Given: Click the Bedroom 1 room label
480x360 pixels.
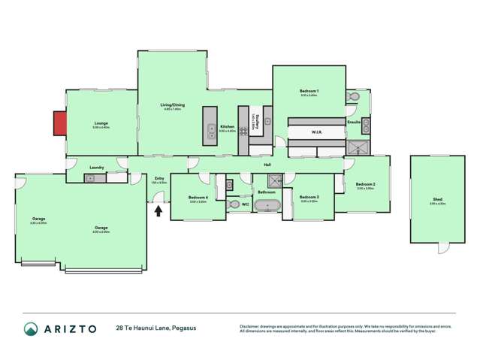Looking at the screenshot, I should coord(309,91).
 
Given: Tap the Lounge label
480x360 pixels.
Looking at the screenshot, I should coord(101,123).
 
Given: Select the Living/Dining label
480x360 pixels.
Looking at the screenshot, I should coord(172,104).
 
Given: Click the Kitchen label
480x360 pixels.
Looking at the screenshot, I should coord(227,126).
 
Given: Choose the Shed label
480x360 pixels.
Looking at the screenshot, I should coord(437,199).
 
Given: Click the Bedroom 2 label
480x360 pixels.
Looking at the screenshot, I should coord(365,184).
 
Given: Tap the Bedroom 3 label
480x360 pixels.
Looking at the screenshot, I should coord(309,197).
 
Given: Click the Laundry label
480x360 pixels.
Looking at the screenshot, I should coord(96,167).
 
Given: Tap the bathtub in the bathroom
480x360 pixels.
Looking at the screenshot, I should coord(267,204).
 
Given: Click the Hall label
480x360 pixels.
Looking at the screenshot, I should coord(267,165).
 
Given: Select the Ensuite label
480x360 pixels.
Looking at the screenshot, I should coord(353,121).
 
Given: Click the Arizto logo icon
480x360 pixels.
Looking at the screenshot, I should coord(31,328).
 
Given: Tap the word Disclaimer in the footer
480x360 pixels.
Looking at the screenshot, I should coord(250,325).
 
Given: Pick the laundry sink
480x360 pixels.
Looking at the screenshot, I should coord(90,178).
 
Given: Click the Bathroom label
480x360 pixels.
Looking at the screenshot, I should coord(267,192).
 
